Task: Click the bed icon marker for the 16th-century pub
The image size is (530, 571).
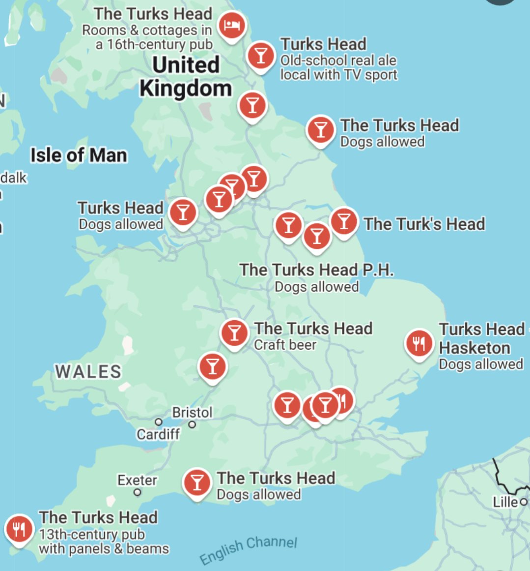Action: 232,25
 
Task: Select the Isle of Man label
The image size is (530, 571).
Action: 79,155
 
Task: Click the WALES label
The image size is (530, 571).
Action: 88,372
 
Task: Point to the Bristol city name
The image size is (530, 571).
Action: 192,412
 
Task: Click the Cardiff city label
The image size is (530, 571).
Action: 158,434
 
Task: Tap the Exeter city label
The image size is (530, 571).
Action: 137,480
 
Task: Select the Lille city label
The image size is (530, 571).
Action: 505,502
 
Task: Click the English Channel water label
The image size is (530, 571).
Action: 249,549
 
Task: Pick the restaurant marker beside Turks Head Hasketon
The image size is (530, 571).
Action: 418,343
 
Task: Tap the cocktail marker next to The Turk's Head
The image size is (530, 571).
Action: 344,221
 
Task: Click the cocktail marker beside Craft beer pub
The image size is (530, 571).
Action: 234,333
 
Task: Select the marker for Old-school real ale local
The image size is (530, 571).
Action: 261,56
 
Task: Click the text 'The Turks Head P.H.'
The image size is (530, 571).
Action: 316,270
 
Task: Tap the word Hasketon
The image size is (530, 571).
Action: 474,348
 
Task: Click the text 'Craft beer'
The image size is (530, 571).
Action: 285,345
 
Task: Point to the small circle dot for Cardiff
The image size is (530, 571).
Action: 158,422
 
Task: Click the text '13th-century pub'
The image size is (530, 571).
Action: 92,534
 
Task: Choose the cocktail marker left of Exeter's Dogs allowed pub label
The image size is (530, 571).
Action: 197,483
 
